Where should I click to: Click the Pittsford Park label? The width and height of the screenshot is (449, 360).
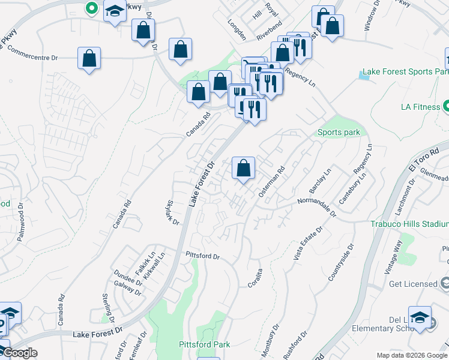[204, 344]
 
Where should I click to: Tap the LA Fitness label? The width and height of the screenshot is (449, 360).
[420, 107]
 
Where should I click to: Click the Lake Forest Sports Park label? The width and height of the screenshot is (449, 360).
[408, 71]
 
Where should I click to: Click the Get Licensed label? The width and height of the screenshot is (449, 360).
[412, 284]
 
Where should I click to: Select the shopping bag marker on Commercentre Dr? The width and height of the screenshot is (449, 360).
[89, 58]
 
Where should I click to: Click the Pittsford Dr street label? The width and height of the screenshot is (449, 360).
[203, 256]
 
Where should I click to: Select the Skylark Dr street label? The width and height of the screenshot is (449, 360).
[172, 213]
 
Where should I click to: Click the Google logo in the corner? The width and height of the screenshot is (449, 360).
[19, 353]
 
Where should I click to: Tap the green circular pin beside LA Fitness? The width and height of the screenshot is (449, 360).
[447, 107]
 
